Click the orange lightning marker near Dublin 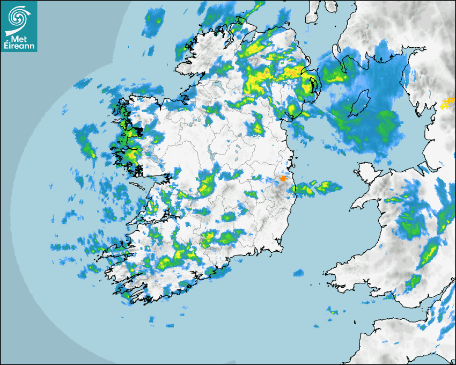(283, 179)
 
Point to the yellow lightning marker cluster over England (447, 102)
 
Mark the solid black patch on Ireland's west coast (138, 130)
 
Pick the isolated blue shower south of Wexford (298, 274)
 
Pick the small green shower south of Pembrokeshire (332, 310)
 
